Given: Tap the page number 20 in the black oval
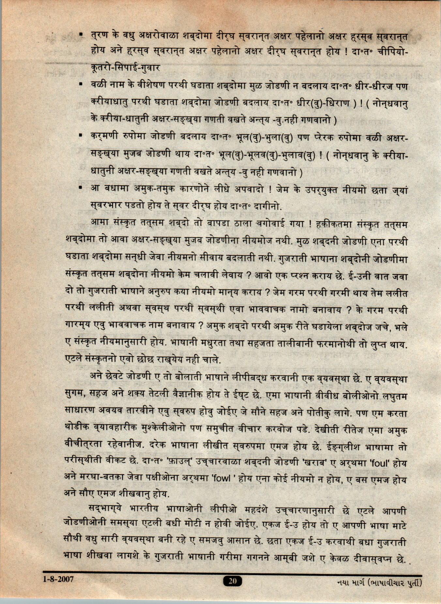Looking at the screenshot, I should click(232, 581).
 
